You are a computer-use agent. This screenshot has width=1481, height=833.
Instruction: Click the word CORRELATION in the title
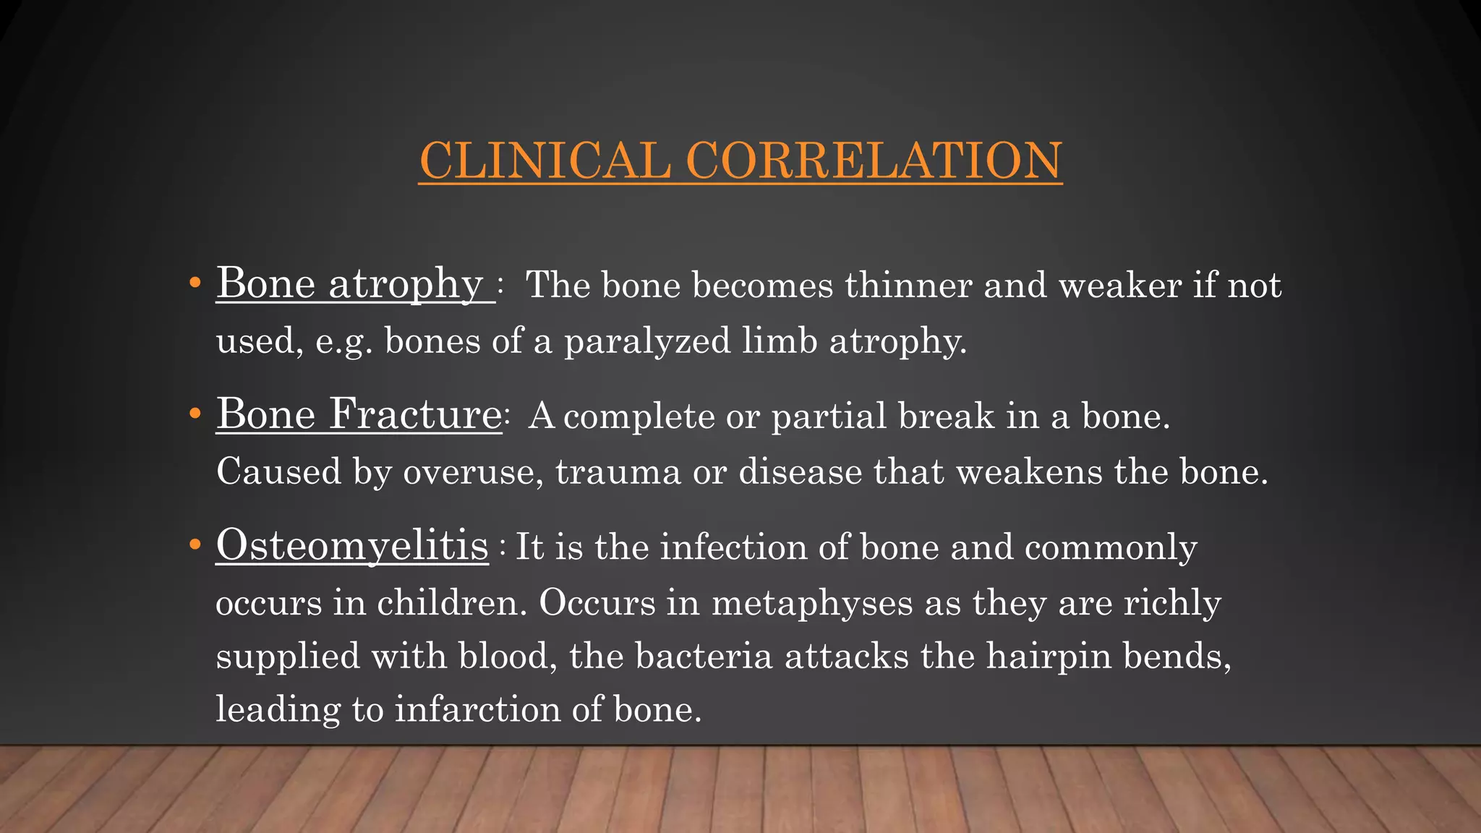pos(874,160)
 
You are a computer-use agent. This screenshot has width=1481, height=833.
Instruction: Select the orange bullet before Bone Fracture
pos(194,414)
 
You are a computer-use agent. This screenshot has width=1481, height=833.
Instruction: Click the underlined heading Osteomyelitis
pos(352,545)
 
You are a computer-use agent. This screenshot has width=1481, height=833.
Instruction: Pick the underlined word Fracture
pos(415,414)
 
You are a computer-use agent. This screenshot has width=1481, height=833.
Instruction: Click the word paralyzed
pos(647,341)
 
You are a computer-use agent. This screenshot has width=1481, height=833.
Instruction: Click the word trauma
pos(618,471)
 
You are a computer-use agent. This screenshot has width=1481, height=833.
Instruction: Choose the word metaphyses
pos(812,602)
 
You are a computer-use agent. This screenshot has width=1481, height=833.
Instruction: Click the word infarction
pos(477,709)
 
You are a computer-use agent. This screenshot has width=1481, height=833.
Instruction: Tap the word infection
pos(733,547)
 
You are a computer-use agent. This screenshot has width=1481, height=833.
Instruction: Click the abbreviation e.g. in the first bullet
pos(343,341)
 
